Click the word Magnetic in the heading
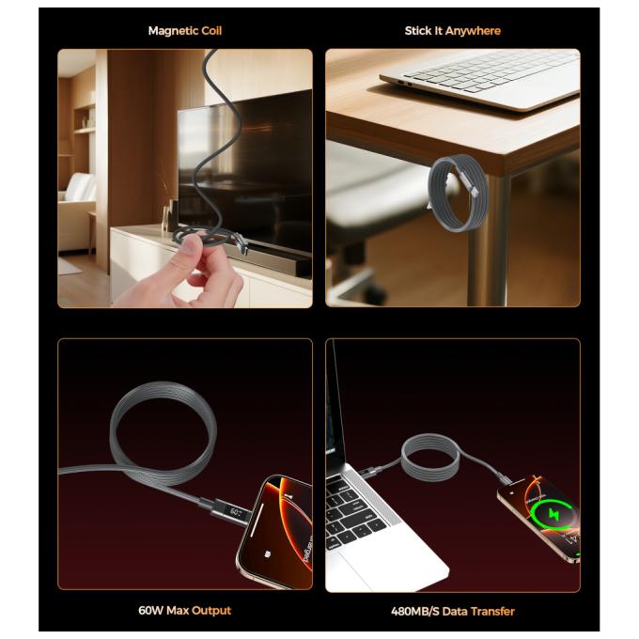(173, 31)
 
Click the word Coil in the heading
(211, 31)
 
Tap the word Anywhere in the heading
(473, 31)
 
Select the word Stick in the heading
(418, 31)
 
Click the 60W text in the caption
(151, 611)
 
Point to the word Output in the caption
(211, 611)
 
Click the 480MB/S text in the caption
(415, 612)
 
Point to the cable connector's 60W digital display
(236, 513)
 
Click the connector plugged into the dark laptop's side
(370, 473)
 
